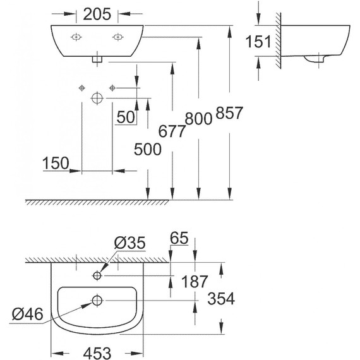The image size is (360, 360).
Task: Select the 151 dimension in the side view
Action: tap(259, 42)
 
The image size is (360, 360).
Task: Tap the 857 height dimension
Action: tap(229, 114)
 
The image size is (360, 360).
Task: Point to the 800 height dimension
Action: tap(198, 119)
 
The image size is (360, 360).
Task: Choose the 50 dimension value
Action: tap(125, 117)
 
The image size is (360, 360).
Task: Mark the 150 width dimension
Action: tap(56, 163)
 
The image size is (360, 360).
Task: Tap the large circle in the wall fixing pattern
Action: tap(97, 98)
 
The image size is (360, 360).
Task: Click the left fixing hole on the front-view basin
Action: tap(75, 37)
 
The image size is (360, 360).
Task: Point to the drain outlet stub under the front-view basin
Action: tap(97, 59)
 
